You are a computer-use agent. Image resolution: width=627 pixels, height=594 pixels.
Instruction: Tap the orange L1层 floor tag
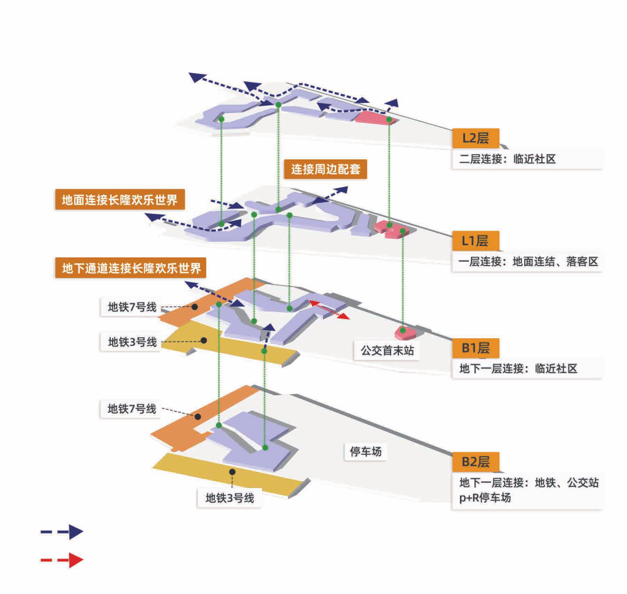tap(475, 240)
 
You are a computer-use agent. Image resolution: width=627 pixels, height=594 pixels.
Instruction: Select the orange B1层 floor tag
tap(475, 348)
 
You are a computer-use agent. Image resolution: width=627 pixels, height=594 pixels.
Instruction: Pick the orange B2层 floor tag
tap(475, 462)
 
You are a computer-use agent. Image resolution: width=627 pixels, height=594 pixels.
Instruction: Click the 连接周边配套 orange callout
tap(326, 170)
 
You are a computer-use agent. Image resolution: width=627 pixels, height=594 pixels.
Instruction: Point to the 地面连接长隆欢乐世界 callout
tap(120, 200)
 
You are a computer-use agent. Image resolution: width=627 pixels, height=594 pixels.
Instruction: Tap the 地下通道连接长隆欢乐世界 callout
tap(131, 268)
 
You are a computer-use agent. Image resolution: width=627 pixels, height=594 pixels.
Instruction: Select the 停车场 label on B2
tap(366, 451)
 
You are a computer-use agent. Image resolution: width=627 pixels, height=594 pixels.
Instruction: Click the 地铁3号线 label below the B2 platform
tap(230, 498)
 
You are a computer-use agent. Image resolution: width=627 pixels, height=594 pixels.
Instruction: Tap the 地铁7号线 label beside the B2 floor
tap(132, 409)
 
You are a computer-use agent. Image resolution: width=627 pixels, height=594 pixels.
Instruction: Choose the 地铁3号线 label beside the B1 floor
tap(132, 342)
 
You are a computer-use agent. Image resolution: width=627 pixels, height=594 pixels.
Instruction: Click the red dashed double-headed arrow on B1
tap(329, 309)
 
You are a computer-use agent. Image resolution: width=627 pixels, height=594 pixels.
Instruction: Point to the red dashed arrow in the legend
tap(62, 560)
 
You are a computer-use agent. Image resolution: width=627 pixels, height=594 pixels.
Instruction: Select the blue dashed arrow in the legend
tap(62, 531)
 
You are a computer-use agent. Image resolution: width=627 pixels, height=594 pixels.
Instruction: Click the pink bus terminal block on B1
tap(405, 332)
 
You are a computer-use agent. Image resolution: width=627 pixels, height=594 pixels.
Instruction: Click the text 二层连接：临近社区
tap(507, 159)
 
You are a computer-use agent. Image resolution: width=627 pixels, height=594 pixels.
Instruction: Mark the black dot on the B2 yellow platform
tap(232, 471)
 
